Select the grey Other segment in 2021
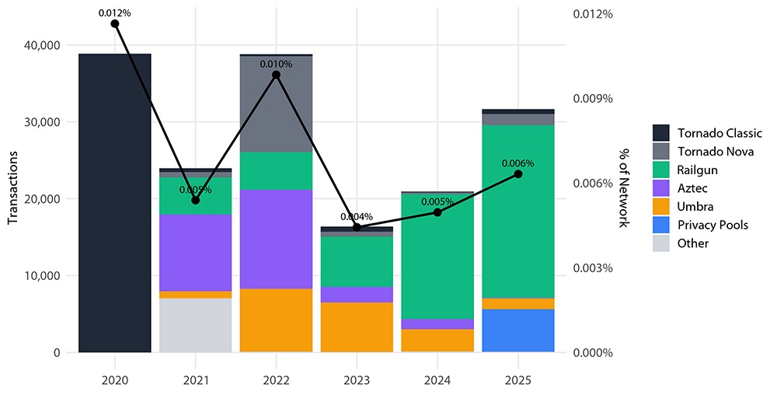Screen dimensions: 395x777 pos(195,325)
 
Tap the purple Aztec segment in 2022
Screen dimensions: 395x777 pos(276,239)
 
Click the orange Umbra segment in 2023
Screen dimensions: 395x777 pos(357,327)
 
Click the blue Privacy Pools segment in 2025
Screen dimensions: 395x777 pos(517,330)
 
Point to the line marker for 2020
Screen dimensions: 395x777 pos(115,23)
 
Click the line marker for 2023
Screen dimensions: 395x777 pos(357,227)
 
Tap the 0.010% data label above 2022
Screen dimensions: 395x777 pos(276,64)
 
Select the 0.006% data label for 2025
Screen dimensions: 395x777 pos(517,163)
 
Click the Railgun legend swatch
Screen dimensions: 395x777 pos(661,170)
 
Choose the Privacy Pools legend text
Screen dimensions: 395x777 pos(713,225)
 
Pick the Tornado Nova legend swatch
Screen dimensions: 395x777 pos(661,151)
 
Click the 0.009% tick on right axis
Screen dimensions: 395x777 pos(594,99)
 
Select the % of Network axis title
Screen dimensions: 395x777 pos(623,187)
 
